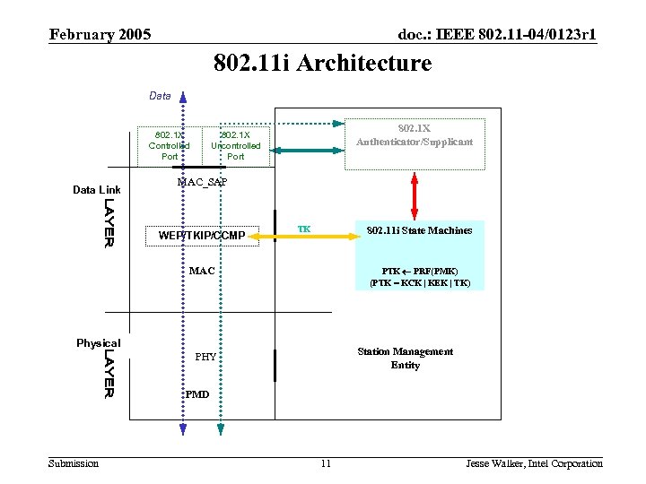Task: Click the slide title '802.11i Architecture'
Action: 322,64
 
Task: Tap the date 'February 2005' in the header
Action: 100,35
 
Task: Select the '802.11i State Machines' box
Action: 419,231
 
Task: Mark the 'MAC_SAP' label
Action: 202,182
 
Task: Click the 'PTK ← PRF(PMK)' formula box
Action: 419,276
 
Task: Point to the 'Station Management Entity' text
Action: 405,358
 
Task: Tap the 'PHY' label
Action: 205,357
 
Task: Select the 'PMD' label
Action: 197,394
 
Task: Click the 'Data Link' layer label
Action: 96,190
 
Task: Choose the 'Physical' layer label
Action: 98,343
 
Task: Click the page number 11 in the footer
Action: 325,463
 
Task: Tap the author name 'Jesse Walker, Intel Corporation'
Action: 534,463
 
